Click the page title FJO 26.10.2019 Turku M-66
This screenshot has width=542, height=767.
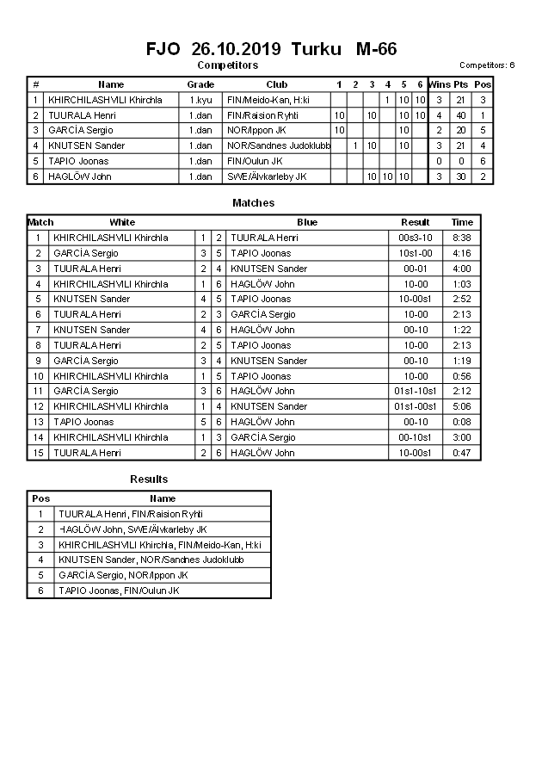pyautogui.click(x=271, y=49)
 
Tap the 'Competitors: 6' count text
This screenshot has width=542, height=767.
pyautogui.click(x=487, y=65)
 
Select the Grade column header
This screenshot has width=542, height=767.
pyautogui.click(x=200, y=84)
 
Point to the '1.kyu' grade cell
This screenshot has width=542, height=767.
pyautogui.click(x=200, y=100)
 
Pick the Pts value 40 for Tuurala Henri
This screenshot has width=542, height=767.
pyautogui.click(x=460, y=115)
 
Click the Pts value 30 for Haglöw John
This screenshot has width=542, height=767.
pyautogui.click(x=460, y=176)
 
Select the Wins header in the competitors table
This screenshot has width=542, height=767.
pyautogui.click(x=439, y=84)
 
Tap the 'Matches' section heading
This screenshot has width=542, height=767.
pyautogui.click(x=254, y=203)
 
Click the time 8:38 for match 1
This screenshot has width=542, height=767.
pyautogui.click(x=462, y=238)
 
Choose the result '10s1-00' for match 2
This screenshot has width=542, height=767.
pyautogui.click(x=416, y=253)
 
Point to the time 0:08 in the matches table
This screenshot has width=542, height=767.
pyautogui.click(x=462, y=422)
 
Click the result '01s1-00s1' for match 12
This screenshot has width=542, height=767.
pyautogui.click(x=416, y=406)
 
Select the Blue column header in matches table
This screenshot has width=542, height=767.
pyautogui.click(x=307, y=222)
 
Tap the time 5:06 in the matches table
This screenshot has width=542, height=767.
pyautogui.click(x=462, y=406)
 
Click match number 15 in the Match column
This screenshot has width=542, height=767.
pyautogui.click(x=38, y=453)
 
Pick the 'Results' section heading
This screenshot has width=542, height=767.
pyautogui.click(x=149, y=479)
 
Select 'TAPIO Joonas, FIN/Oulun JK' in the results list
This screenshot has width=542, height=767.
pyautogui.click(x=119, y=591)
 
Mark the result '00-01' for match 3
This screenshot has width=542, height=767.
pyautogui.click(x=416, y=269)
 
